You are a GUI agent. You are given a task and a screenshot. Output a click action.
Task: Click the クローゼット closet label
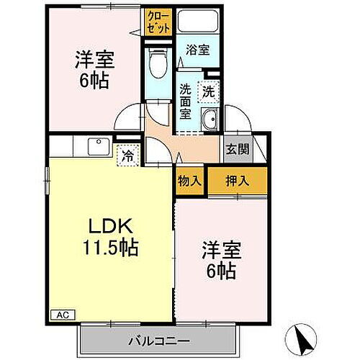[x=159, y=21]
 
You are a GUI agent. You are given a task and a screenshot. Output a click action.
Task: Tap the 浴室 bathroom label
[x=197, y=51]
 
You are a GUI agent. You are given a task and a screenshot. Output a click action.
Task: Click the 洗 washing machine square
[x=207, y=91]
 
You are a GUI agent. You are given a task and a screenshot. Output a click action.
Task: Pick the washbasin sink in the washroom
[x=210, y=120]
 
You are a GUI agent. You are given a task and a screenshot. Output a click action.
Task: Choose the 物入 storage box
[x=190, y=180]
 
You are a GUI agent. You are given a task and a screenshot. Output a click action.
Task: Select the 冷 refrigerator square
[x=127, y=153]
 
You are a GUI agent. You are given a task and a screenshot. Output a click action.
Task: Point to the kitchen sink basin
[x=96, y=146]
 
